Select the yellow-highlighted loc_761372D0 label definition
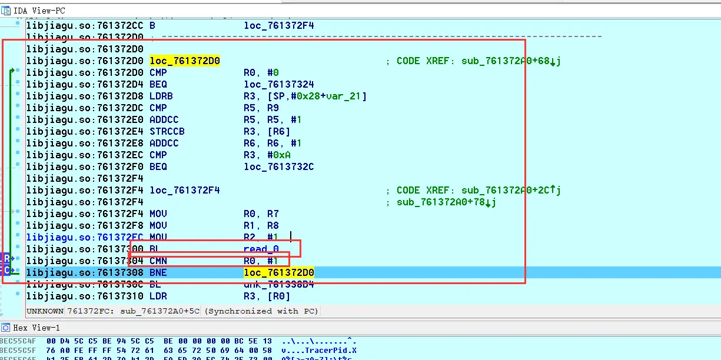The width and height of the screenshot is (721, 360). pyautogui.click(x=185, y=61)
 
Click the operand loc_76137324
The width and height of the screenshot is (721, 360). pyautogui.click(x=279, y=84)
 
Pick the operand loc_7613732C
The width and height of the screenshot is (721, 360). pyautogui.click(x=279, y=166)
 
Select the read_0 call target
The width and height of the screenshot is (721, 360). pyautogui.click(x=261, y=249)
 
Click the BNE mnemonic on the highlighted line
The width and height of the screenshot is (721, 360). pyautogui.click(x=158, y=272)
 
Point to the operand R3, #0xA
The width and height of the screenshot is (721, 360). pyautogui.click(x=267, y=155)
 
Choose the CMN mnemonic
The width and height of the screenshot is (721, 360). pyautogui.click(x=158, y=261)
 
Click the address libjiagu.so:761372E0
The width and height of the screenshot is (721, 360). pyautogui.click(x=85, y=119)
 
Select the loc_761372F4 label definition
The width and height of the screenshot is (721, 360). pyautogui.click(x=185, y=190)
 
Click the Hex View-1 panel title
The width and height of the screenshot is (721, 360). pyautogui.click(x=36, y=328)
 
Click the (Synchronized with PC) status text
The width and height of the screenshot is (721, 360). pyautogui.click(x=261, y=311)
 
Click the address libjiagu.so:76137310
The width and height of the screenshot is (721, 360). pyautogui.click(x=85, y=296)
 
